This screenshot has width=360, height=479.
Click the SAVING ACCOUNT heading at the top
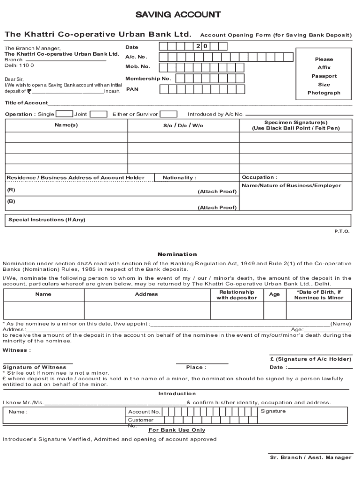178,15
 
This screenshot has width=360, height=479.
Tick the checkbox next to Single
64,114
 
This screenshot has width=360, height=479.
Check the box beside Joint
98,114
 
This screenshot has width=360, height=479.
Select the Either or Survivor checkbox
169,114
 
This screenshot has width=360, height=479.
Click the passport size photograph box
324,76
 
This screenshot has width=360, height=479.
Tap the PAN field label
132,88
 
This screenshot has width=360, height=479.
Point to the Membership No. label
148,79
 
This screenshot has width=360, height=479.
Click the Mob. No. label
137,66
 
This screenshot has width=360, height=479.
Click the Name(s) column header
66,125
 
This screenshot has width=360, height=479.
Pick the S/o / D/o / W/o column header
183,125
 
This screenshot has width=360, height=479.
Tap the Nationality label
180,178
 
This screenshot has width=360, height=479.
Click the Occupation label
259,177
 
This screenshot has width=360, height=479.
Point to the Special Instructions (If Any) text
47,220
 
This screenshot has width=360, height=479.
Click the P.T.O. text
341,231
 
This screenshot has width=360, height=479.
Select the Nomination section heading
177,254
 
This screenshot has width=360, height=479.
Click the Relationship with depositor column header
237,295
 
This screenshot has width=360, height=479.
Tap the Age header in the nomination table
274,295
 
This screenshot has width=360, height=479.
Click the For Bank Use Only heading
177,430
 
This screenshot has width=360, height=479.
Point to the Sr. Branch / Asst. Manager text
310,457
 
